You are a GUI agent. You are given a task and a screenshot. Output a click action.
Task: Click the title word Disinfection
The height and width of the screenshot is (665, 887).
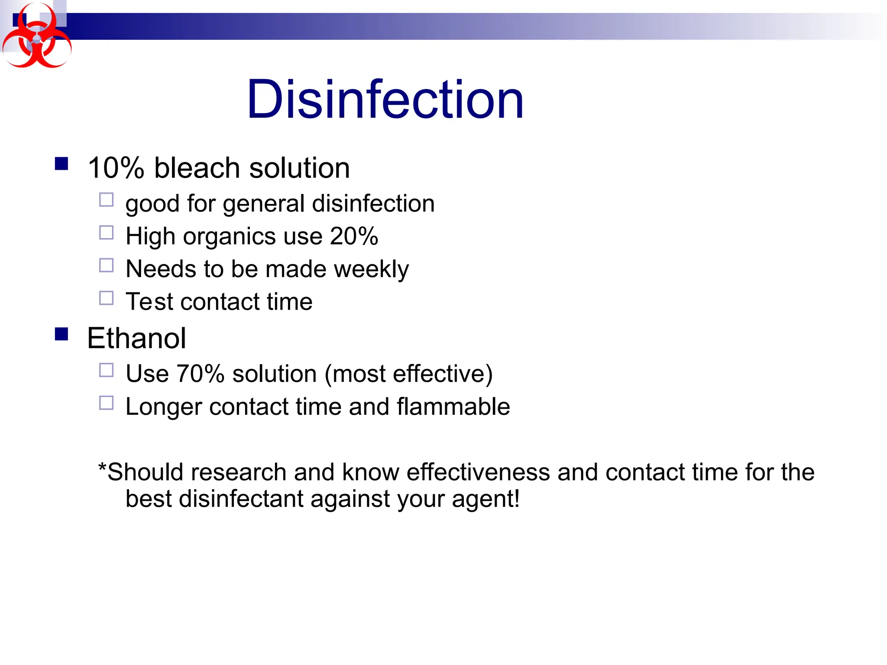[385, 100]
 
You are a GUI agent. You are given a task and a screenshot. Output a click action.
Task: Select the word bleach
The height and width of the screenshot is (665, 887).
[197, 168]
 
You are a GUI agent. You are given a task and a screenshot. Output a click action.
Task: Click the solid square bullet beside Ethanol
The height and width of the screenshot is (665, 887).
[62, 334]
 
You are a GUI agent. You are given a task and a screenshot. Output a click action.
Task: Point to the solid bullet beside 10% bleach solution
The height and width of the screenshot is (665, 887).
[62, 164]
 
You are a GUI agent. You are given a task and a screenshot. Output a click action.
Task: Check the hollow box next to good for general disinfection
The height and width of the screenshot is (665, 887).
[106, 200]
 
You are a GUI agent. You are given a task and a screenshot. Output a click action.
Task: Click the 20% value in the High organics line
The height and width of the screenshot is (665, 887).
[354, 236]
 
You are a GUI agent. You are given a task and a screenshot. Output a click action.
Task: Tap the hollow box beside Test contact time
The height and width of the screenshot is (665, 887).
[106, 298]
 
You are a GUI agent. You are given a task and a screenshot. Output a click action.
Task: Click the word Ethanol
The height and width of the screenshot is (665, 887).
[136, 338]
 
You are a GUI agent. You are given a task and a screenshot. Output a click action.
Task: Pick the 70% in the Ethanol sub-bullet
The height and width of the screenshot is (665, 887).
[200, 374]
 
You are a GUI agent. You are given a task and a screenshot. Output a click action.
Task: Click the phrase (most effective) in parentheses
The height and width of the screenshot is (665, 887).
[408, 374]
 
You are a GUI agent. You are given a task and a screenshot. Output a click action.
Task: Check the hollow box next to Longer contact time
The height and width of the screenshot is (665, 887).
[106, 403]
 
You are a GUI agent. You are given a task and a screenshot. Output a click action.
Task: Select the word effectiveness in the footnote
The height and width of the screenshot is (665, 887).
[478, 472]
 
